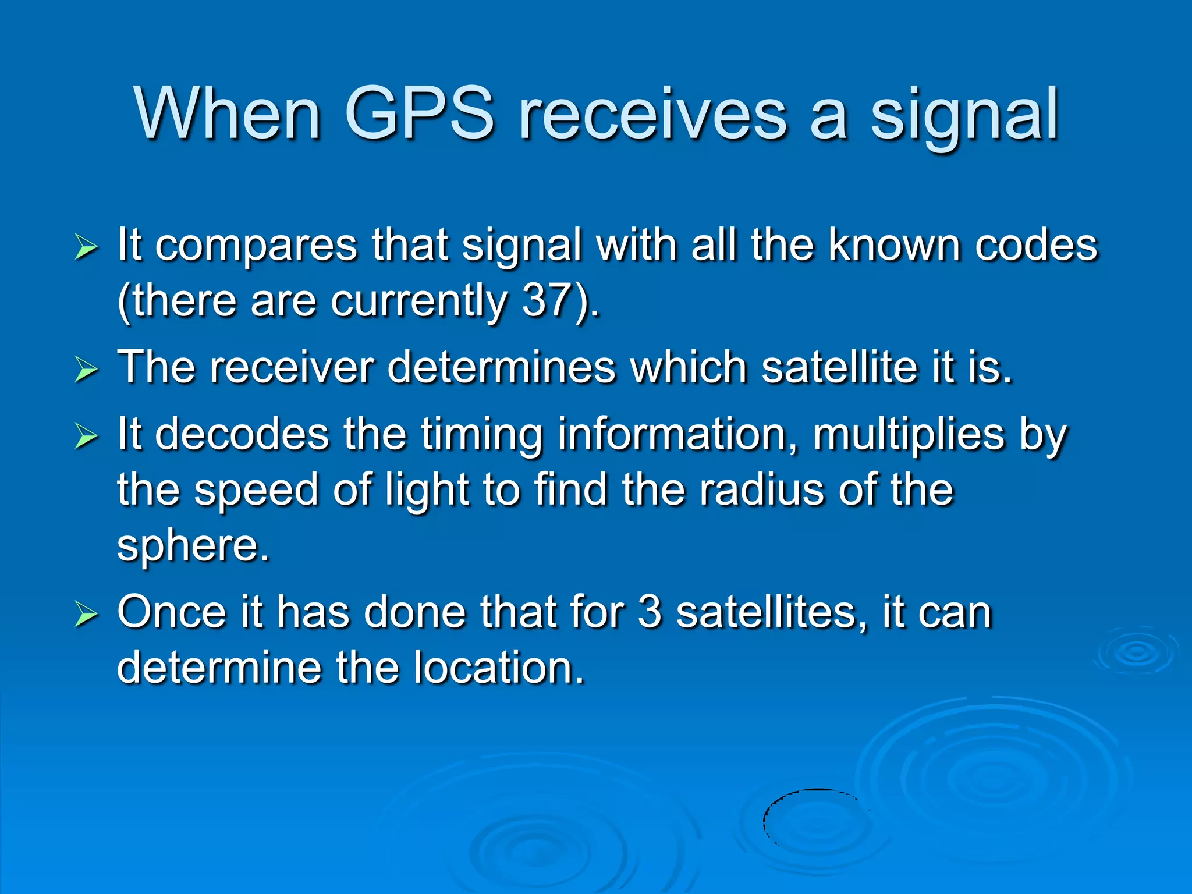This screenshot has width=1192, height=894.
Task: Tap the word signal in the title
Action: click(x=964, y=116)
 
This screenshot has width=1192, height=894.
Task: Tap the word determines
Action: click(x=501, y=368)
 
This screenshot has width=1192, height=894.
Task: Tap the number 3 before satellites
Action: click(x=650, y=612)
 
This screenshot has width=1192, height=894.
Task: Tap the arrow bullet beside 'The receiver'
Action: click(x=86, y=370)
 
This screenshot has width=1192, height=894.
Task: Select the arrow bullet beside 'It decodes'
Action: click(x=86, y=437)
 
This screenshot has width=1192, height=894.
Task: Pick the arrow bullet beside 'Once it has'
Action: click(x=86, y=615)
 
